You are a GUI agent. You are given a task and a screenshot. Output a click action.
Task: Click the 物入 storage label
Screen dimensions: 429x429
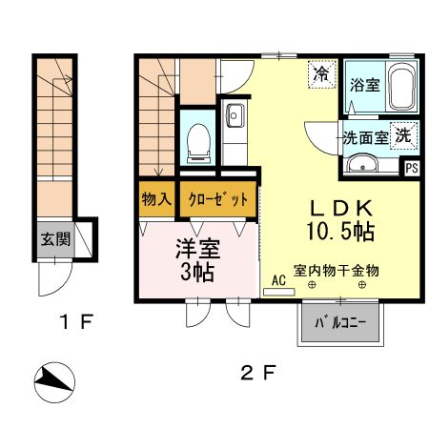point(155,200)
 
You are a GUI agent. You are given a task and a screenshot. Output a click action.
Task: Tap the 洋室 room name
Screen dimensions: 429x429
point(197,252)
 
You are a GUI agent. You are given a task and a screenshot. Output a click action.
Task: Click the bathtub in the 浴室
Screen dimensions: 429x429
point(401,89)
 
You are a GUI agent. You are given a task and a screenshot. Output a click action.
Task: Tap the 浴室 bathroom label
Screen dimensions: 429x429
point(365,85)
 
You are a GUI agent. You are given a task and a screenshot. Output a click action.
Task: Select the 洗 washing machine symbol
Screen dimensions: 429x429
point(405,135)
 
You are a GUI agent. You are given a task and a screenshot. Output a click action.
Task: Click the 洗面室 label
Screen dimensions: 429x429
point(365,137)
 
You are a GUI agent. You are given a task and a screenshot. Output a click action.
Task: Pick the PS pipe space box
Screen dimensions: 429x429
point(412,168)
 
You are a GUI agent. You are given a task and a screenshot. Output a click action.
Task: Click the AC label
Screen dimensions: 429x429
point(279,280)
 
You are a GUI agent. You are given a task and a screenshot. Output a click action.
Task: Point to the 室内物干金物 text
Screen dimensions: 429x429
point(336,271)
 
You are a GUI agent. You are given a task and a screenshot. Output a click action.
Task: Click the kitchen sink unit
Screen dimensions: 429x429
point(235,123)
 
